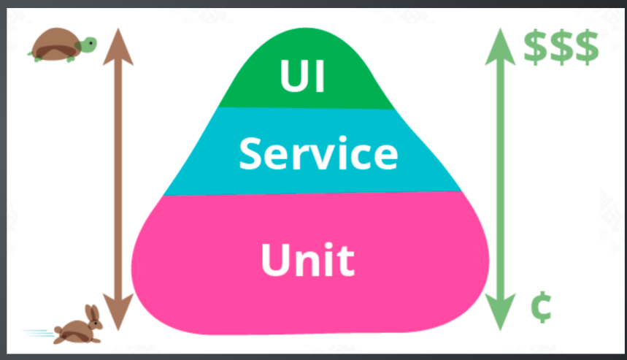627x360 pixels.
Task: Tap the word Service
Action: [318, 154]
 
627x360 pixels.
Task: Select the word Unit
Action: [307, 259]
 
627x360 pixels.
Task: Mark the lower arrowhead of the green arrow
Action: [501, 315]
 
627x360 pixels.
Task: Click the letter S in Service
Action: [250, 154]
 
